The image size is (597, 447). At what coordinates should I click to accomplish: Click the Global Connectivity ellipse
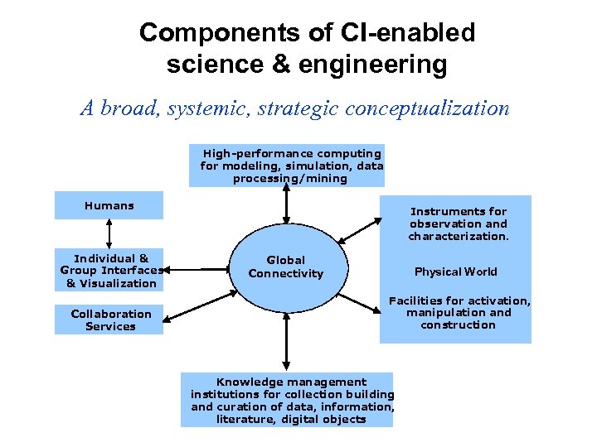point(286,267)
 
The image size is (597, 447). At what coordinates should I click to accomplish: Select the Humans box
point(109,205)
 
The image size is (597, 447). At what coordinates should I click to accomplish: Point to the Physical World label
point(455,272)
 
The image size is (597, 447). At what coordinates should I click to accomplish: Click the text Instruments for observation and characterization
point(458,223)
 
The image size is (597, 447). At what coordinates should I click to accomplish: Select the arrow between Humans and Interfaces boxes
point(109,234)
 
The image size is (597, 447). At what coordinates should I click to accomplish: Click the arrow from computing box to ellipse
point(286,205)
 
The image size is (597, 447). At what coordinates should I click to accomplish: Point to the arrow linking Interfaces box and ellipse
point(197,269)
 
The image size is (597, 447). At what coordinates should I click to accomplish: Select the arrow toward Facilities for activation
point(358,302)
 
